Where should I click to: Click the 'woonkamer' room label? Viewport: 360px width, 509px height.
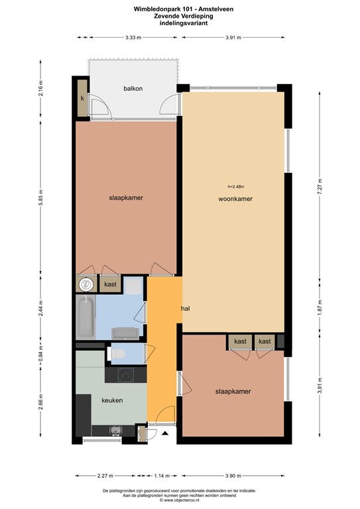tap(235, 199)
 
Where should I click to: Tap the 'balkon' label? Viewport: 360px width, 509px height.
tap(133, 88)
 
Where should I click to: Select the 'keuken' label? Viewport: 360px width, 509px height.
tap(112, 400)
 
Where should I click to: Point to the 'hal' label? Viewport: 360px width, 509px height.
tap(186, 308)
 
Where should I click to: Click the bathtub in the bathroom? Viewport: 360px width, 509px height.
tap(86, 317)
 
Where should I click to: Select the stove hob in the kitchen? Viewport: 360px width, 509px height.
tap(126, 375)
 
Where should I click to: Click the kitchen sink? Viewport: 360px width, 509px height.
tap(116, 430)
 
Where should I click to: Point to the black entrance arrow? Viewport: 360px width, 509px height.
tap(165, 433)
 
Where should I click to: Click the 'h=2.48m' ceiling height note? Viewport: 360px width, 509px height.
tap(235, 187)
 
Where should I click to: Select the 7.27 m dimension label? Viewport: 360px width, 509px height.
tap(320, 187)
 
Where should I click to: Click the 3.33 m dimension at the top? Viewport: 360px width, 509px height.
tap(133, 37)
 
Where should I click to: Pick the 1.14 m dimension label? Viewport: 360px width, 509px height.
tap(162, 476)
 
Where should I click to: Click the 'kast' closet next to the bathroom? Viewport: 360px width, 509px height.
tap(110, 284)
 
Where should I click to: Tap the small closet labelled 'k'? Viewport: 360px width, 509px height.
tap(82, 98)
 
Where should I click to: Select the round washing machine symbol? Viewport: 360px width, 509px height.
tap(86, 285)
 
